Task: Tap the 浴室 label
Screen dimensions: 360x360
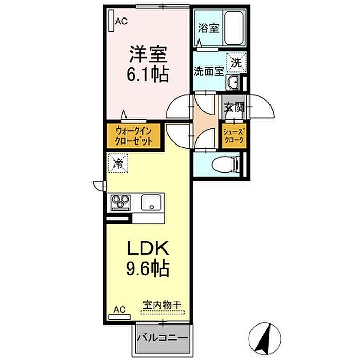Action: click(x=208, y=28)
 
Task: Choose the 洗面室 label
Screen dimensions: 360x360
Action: click(x=208, y=71)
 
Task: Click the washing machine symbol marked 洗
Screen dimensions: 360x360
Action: click(x=236, y=63)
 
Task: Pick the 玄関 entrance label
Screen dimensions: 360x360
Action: click(x=233, y=108)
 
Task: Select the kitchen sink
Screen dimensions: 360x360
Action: click(x=153, y=202)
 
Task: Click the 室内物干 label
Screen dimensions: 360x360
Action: click(x=162, y=305)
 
